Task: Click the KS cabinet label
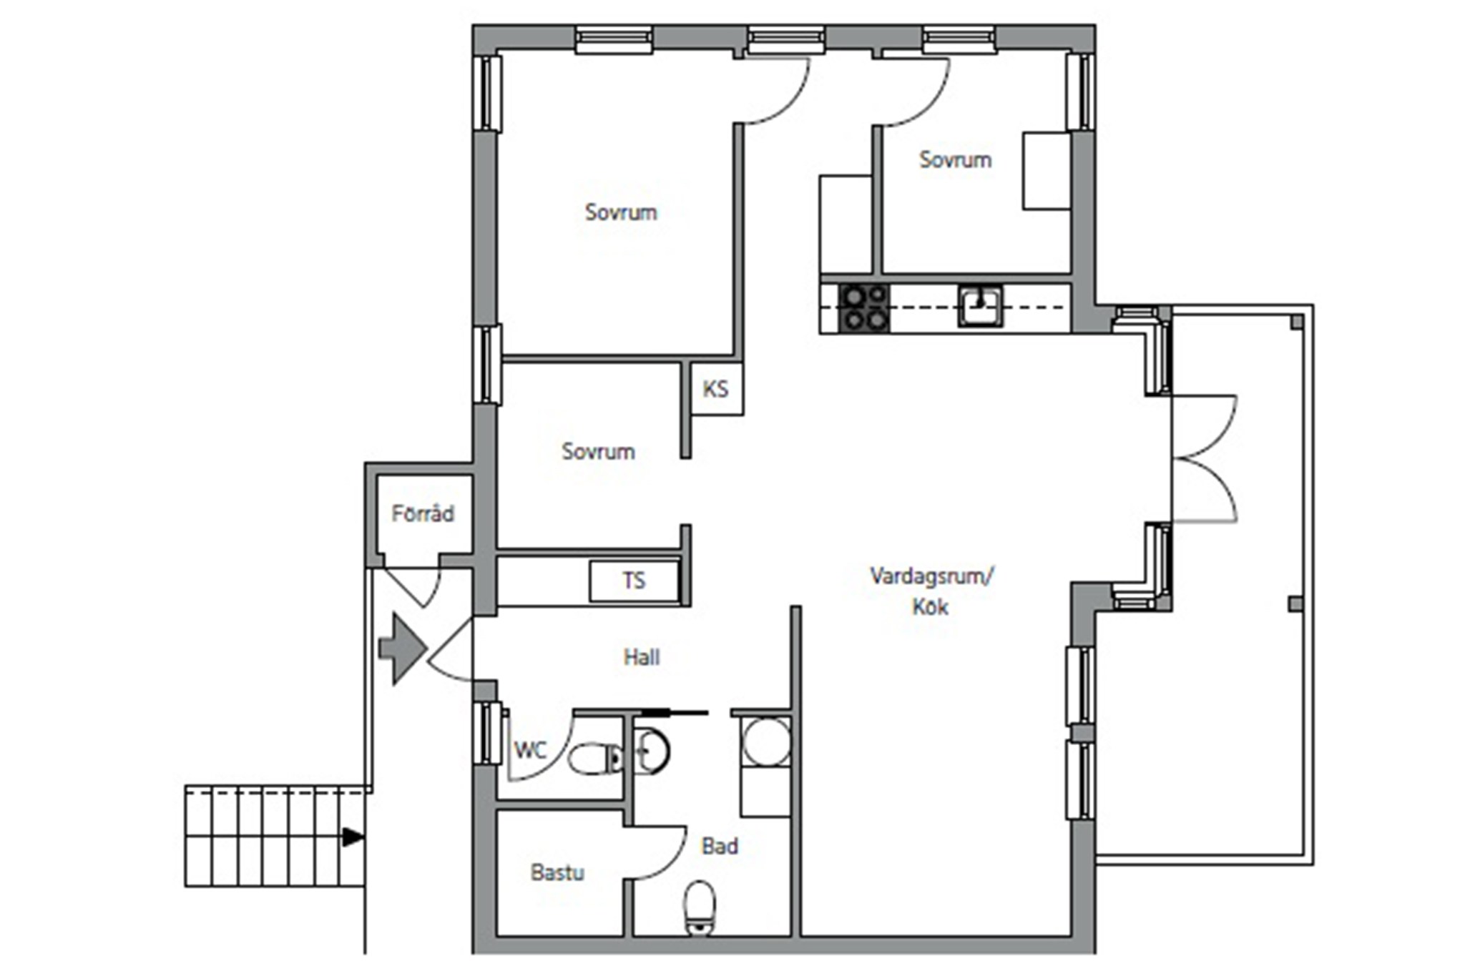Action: [x=715, y=389]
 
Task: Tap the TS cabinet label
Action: [x=634, y=581]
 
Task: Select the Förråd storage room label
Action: [x=423, y=513]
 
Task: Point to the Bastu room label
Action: [x=557, y=872]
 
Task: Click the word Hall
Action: [x=642, y=657]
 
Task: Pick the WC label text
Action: [x=530, y=750]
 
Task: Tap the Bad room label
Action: [x=720, y=847]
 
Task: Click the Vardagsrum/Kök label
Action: [x=931, y=591]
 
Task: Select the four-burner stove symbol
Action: [x=864, y=308]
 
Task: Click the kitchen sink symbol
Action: [x=980, y=305]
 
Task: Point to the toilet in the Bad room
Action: [x=700, y=907]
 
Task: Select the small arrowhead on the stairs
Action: [x=353, y=837]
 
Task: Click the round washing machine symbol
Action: [x=766, y=741]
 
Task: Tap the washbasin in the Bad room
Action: [x=651, y=751]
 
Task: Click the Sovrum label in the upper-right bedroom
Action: [x=955, y=159]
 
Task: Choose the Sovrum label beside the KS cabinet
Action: [x=598, y=451]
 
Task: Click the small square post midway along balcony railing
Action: [x=1295, y=604]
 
